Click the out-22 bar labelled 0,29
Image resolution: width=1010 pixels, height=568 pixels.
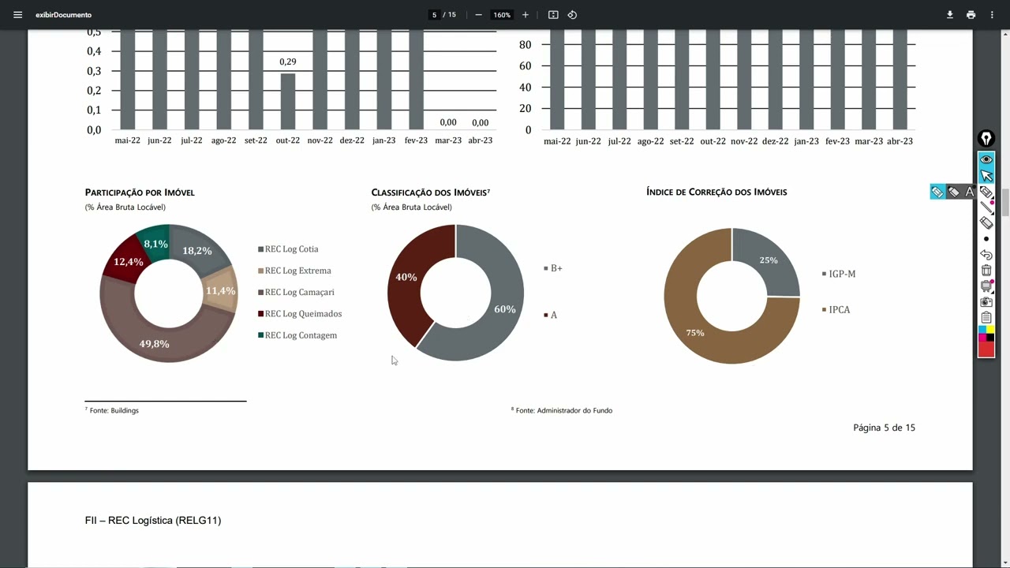pos(288,101)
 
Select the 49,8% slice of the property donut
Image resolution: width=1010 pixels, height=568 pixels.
pos(154,344)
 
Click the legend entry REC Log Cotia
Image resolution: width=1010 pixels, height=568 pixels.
pos(291,249)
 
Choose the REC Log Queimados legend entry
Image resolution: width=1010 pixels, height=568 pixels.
pos(303,314)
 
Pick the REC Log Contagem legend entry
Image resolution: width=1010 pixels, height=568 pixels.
pos(301,335)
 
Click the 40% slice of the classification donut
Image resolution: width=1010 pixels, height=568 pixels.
pos(406,278)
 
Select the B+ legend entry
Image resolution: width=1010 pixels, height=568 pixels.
pos(556,268)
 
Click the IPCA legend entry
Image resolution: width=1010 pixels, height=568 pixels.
pos(839,310)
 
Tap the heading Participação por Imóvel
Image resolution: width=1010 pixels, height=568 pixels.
pos(140,192)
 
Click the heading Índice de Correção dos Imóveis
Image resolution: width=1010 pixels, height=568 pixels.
pos(716,192)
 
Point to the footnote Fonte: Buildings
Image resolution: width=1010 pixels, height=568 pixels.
pos(114,411)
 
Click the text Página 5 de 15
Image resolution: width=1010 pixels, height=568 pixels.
pos(884,428)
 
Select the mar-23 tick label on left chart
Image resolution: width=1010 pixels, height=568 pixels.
pos(448,140)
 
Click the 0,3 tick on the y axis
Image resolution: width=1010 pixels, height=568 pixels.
pos(94,71)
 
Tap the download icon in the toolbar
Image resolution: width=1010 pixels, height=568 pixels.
pos(950,15)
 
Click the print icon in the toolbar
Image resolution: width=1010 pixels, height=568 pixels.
pos(971,15)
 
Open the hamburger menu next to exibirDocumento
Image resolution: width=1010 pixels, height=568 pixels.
pos(18,15)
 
